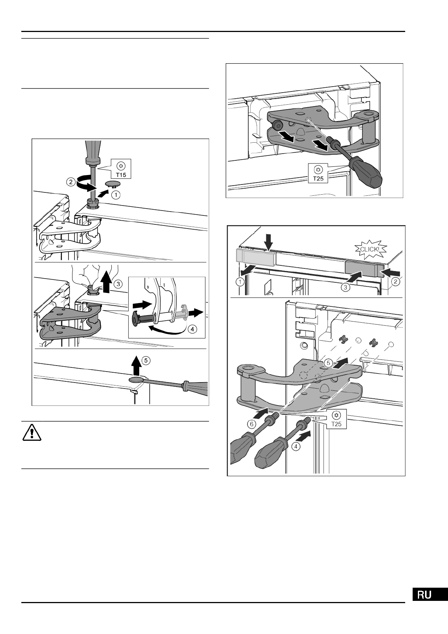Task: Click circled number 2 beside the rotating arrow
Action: click(x=70, y=182)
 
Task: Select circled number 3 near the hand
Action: click(x=119, y=282)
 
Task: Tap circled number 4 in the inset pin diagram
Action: click(x=192, y=329)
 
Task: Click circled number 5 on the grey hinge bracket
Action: click(x=328, y=363)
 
